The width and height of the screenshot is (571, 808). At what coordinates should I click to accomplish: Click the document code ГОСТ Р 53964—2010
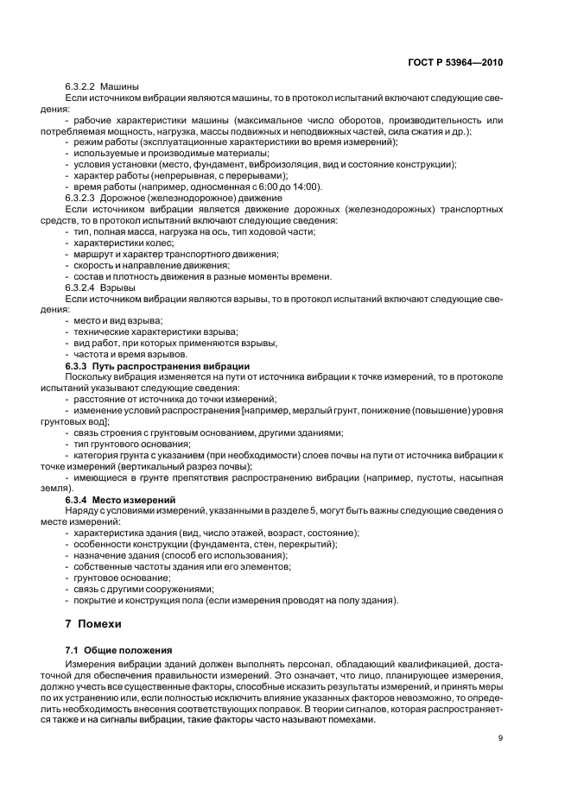[458, 62]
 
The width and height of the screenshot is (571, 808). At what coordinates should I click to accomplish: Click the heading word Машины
[119, 87]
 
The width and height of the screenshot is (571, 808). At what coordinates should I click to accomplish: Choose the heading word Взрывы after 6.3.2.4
[117, 287]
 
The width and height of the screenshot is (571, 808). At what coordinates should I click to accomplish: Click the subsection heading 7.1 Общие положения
[118, 648]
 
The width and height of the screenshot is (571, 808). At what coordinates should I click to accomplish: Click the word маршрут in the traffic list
[96, 254]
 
